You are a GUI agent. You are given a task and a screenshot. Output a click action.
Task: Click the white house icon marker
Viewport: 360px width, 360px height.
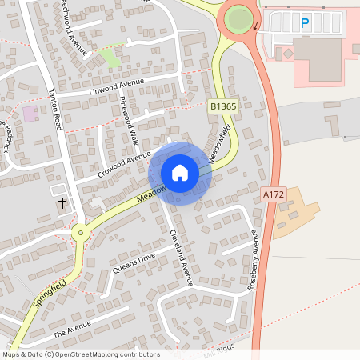click(180, 173)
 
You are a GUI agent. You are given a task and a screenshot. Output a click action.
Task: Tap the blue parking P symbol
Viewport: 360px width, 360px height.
click(304, 23)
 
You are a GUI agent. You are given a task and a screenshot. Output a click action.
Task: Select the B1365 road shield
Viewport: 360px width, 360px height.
click(222, 106)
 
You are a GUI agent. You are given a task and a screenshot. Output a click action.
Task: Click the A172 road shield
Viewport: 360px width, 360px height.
click(273, 194)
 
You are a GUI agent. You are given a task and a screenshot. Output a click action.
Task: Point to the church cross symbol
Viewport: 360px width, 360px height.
click(62, 204)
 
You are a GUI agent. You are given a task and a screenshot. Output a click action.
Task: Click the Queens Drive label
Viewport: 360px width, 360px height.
click(134, 262)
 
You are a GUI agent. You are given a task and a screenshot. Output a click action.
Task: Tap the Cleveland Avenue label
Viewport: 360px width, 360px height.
click(181, 257)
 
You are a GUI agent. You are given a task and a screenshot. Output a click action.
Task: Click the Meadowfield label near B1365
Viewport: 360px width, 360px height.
click(221, 143)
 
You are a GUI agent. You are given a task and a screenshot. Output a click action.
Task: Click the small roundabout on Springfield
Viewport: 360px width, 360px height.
click(80, 234)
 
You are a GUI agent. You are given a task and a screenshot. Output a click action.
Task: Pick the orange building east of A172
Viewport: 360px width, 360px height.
click(294, 210)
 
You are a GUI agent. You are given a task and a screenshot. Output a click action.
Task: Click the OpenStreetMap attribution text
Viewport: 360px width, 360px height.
click(80, 354)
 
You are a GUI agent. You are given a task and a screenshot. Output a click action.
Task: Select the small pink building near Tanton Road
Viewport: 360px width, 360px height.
click(30, 113)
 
